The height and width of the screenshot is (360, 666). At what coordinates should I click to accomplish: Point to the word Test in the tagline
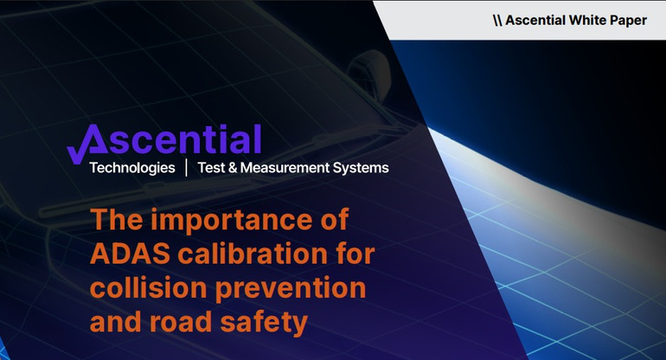(x=212, y=167)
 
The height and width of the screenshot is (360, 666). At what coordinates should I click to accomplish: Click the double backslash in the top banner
(x=496, y=20)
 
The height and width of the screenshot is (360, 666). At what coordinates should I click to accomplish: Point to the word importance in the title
(x=230, y=219)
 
